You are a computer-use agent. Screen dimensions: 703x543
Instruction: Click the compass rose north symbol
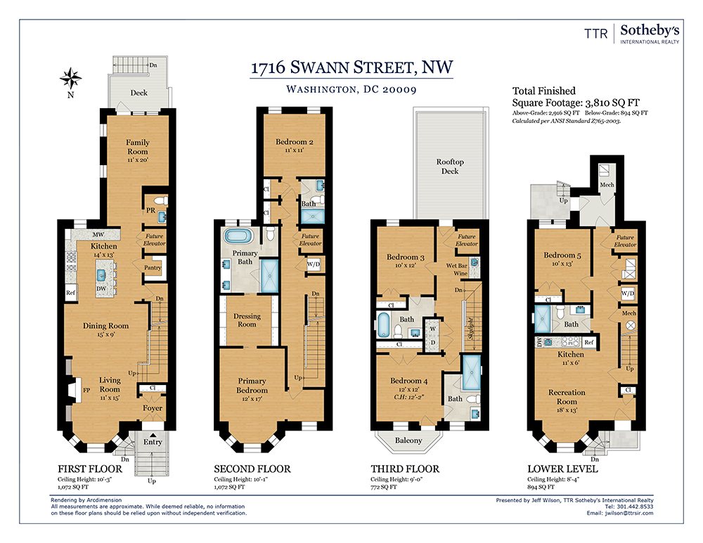point(70,79)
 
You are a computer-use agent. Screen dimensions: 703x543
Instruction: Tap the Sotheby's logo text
point(650,30)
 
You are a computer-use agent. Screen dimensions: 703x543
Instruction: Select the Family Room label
point(138,147)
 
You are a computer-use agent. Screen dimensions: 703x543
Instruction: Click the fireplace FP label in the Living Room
point(86,391)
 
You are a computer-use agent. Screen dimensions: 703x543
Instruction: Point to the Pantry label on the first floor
point(153,268)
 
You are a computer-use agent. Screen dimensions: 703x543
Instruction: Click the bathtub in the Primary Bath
point(238,235)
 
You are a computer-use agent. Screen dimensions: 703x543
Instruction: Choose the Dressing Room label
point(247,320)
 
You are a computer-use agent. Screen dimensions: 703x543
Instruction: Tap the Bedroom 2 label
point(294,142)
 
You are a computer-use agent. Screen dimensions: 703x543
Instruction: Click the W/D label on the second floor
point(314,264)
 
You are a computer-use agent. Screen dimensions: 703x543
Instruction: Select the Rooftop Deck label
point(450,166)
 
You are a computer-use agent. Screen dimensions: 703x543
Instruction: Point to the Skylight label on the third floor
point(471,329)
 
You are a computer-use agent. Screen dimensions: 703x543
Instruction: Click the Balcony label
point(408,440)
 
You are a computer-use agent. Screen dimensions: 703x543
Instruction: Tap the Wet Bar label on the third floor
point(456,266)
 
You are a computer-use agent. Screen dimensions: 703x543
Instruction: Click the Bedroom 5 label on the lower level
point(562,255)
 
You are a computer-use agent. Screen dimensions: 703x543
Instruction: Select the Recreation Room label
point(567,397)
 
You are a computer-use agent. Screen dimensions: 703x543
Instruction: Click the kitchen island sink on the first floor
point(102,275)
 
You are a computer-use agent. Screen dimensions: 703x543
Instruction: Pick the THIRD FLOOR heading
point(405,469)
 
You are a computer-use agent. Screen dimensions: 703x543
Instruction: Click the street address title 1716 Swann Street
point(351,67)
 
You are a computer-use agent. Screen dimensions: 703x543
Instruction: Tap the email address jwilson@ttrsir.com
point(629,513)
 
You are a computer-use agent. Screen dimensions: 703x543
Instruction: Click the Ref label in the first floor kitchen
point(71,293)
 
